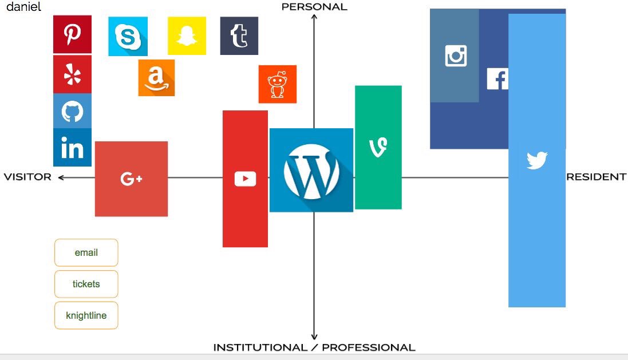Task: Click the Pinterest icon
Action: pyautogui.click(x=72, y=34)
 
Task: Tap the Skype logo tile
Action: pyautogui.click(x=128, y=37)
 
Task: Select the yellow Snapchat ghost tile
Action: pyautogui.click(x=187, y=36)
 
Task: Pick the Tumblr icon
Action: pyautogui.click(x=239, y=36)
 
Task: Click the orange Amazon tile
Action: pyautogui.click(x=156, y=78)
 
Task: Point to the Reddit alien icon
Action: pyautogui.click(x=277, y=84)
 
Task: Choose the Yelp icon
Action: pyautogui.click(x=72, y=74)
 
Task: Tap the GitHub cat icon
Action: pyautogui.click(x=72, y=111)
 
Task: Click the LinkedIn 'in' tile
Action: pyautogui.click(x=72, y=148)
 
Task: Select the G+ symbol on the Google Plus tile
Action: pyautogui.click(x=131, y=179)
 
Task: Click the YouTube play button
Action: pyautogui.click(x=245, y=179)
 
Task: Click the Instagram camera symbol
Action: pyautogui.click(x=456, y=56)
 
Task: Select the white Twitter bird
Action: pyautogui.click(x=537, y=160)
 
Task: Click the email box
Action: pyautogui.click(x=86, y=252)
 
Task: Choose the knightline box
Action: pyautogui.click(x=86, y=315)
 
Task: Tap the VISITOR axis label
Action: pyautogui.click(x=27, y=177)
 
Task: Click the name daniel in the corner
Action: pyautogui.click(x=23, y=8)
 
